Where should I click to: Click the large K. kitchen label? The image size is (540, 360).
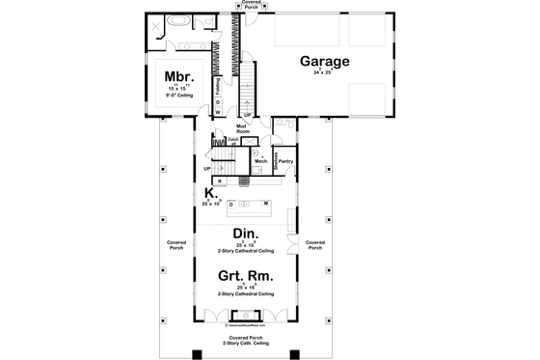(210, 193)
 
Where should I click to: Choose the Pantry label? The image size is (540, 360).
(285, 148)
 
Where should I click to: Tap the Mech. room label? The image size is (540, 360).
(260, 160)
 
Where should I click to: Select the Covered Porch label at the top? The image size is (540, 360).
(252, 4)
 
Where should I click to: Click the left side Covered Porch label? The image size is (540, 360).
(175, 245)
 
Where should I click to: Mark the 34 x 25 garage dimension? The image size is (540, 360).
(323, 72)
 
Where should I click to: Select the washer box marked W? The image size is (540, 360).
(217, 111)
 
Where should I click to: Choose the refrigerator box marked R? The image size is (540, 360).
(219, 180)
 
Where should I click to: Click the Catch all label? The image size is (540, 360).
(233, 140)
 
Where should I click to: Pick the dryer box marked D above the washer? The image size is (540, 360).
(217, 100)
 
